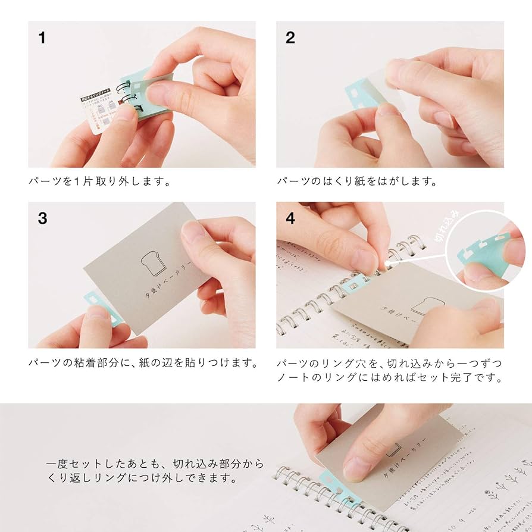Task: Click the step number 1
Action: click(x=42, y=37)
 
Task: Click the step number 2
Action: click(x=290, y=37)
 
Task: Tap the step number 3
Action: click(x=42, y=218)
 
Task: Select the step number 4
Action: click(x=290, y=218)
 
